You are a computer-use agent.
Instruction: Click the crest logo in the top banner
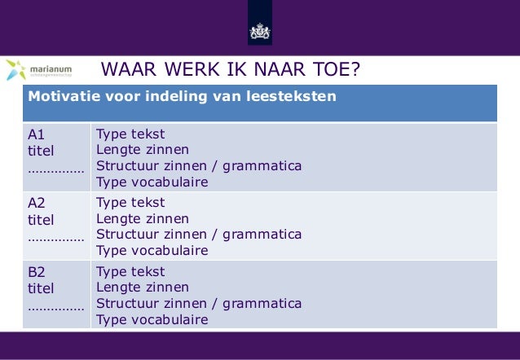point(259,33)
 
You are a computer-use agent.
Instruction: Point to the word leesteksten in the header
point(293,98)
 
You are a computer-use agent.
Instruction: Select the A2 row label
point(37,204)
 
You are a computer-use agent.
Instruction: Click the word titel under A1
point(41,151)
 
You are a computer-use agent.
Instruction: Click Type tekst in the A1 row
point(130,134)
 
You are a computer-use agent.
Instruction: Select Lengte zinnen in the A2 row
point(143,219)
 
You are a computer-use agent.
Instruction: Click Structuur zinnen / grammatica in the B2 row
point(199,304)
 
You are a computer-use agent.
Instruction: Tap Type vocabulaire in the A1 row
point(152,182)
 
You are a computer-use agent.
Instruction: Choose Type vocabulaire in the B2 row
point(152,319)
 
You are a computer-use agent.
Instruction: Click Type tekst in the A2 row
point(130,203)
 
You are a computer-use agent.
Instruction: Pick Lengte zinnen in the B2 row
point(143,288)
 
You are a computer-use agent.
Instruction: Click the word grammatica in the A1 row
point(260,166)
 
